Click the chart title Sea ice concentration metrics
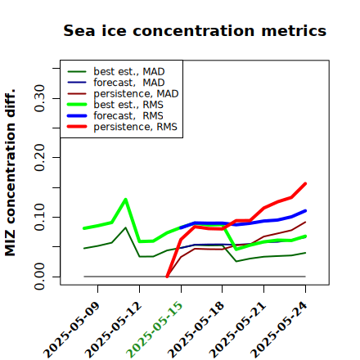[195, 30]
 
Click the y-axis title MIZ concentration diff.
[10, 173]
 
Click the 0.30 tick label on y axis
[40, 98]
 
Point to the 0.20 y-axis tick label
[40, 158]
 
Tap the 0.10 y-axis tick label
[40, 217]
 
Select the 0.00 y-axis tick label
[40, 277]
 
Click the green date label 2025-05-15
[155, 329]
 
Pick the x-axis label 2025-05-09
[71, 329]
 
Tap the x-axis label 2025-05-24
[279, 329]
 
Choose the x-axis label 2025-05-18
[196, 329]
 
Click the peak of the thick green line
[125, 200]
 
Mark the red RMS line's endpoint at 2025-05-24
[305, 184]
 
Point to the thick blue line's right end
[305, 211]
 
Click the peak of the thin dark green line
[125, 227]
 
